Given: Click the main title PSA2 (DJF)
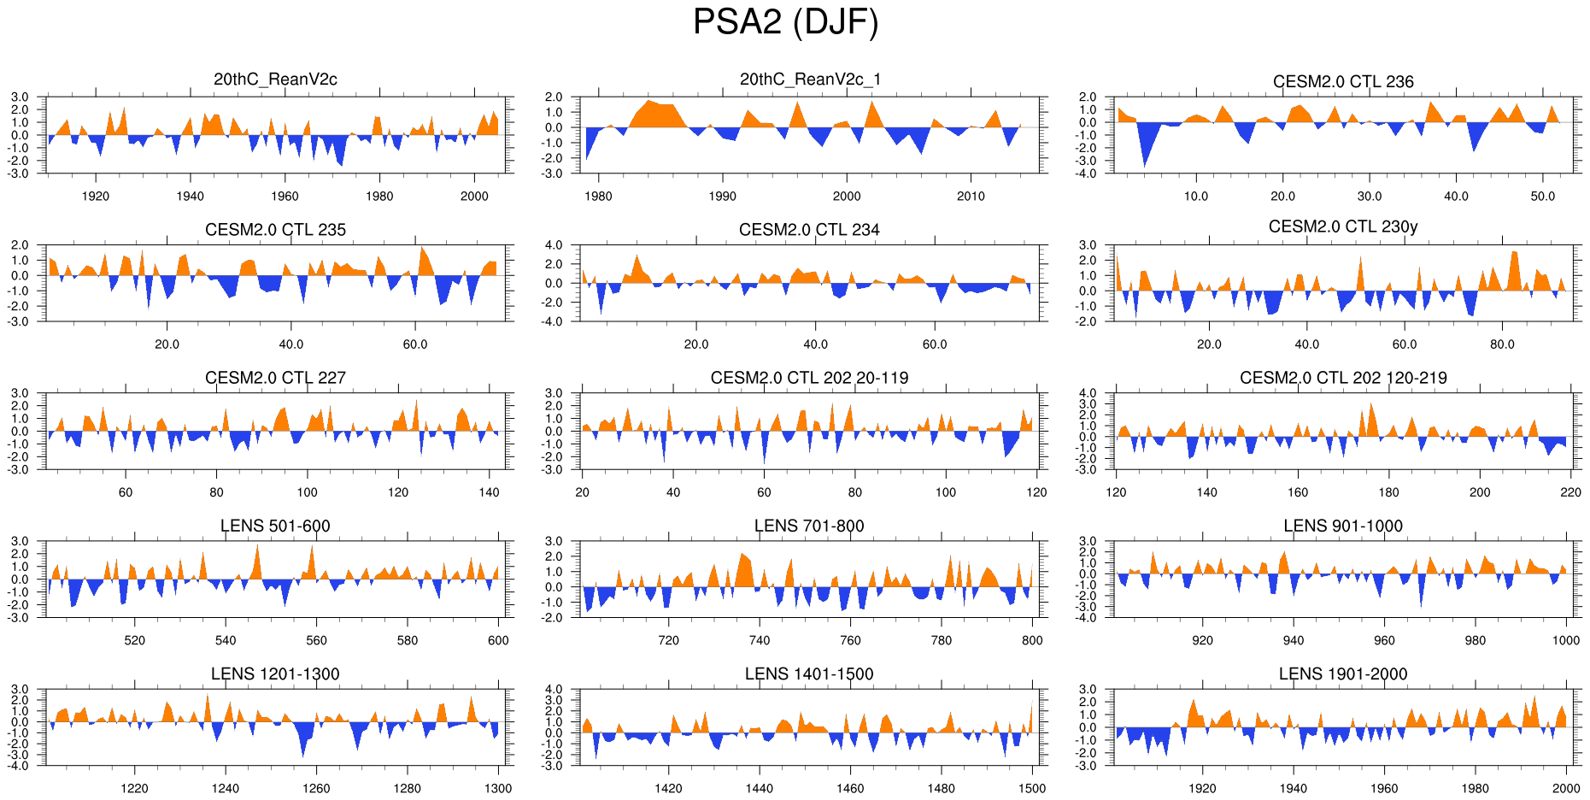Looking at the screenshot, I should [x=785, y=22].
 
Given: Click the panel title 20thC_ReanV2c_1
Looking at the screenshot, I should [x=810, y=79].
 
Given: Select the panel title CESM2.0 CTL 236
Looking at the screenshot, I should [x=1343, y=82].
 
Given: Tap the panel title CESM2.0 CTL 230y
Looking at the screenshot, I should [x=1343, y=226].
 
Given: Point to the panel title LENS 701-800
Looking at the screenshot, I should [x=809, y=526].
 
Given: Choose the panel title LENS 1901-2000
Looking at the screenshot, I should [x=1343, y=674].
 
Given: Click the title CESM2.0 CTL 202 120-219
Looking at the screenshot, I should [x=1343, y=378].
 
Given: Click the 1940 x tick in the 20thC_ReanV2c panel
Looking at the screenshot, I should [x=191, y=196].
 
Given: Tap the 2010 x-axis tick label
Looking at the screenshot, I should [x=971, y=196].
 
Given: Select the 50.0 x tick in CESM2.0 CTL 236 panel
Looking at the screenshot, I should [x=1543, y=196].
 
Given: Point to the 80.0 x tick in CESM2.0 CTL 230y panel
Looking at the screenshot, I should [x=1502, y=344].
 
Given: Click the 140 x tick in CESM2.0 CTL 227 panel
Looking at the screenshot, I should [x=489, y=492].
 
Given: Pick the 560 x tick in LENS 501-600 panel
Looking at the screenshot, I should [x=316, y=640].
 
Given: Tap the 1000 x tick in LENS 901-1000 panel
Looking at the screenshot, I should [x=1566, y=640].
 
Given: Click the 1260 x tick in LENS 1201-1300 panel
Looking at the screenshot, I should [x=316, y=788].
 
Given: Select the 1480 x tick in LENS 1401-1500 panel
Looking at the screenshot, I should [x=941, y=788].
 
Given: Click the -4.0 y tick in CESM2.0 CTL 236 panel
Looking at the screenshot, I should [x=1088, y=174].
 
